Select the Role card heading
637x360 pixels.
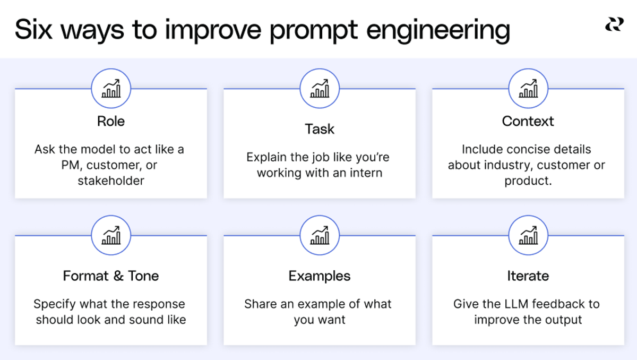111,121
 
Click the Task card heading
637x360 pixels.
320,129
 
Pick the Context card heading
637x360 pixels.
528,121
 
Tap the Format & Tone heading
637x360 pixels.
111,276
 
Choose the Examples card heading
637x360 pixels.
320,276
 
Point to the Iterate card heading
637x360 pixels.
528,276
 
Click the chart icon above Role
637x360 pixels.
111,89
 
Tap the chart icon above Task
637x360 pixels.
320,89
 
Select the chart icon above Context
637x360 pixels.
528,89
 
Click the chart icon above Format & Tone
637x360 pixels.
111,235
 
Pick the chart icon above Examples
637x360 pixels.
320,235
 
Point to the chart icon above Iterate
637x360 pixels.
528,235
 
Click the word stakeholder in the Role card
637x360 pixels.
111,181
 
